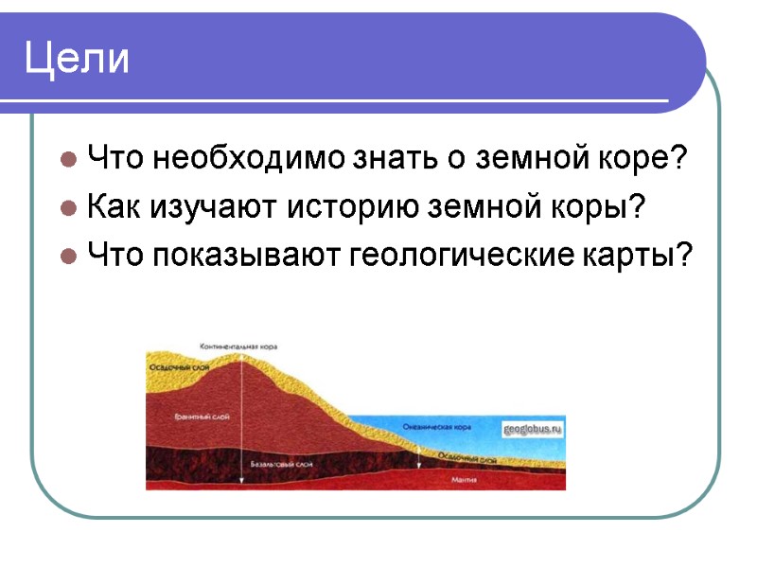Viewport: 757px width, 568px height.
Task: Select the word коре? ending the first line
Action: [x=639, y=156]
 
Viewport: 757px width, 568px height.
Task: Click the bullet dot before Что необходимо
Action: [x=69, y=157]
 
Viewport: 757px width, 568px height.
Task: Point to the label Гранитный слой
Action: [x=202, y=417]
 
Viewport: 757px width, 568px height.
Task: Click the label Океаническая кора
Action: [x=436, y=427]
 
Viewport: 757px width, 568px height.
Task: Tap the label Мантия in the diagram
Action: [x=464, y=481]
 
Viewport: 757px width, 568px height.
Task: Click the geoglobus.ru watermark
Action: [x=533, y=429]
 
